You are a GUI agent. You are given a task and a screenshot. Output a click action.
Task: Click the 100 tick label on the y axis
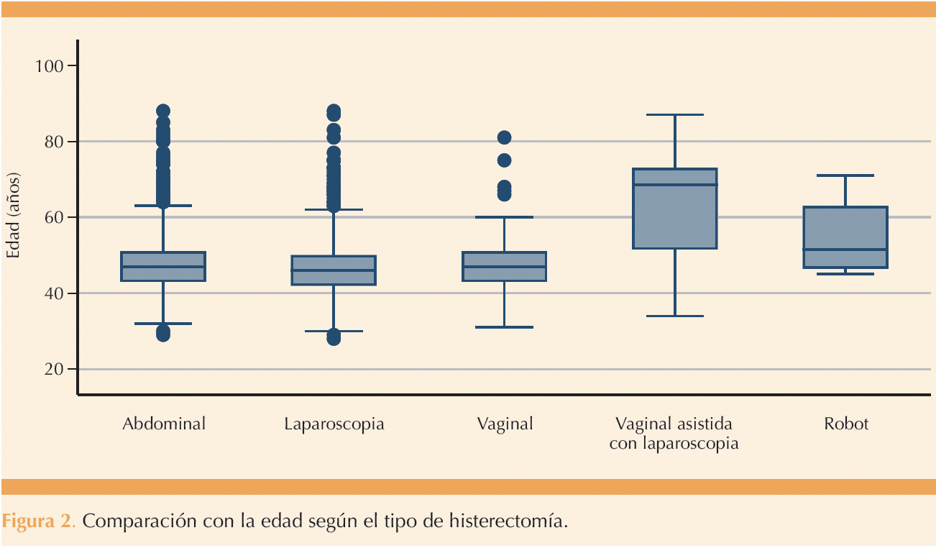(49, 66)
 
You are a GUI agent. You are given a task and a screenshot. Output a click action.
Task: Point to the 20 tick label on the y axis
(53, 370)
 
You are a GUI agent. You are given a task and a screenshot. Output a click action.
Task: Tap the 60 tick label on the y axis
(53, 217)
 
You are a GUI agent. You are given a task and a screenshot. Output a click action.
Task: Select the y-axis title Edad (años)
(13, 215)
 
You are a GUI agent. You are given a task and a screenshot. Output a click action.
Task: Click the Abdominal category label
(164, 424)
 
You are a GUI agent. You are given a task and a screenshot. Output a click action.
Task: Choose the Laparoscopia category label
(334, 425)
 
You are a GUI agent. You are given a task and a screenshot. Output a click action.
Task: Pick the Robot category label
(846, 424)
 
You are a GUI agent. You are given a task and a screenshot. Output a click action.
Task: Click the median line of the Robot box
(845, 250)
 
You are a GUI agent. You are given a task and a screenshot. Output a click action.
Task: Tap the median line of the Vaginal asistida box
(675, 184)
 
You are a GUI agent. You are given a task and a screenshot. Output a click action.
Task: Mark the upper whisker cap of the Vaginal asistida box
(675, 114)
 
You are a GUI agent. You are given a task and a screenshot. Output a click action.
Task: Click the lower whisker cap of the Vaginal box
(505, 327)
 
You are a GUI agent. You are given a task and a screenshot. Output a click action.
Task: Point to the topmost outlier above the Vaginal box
(505, 137)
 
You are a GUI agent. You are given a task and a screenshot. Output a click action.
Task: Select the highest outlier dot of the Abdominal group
(163, 111)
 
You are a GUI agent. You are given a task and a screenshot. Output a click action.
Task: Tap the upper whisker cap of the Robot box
(845, 175)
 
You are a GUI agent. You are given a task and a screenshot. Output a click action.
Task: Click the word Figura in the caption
(28, 521)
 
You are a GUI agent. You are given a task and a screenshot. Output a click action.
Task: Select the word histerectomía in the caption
(508, 521)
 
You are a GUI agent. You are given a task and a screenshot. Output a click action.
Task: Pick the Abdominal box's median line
(163, 267)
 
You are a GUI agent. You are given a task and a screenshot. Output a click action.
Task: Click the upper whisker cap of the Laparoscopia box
(334, 209)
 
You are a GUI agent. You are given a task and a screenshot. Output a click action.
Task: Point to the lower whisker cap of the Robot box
(845, 274)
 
